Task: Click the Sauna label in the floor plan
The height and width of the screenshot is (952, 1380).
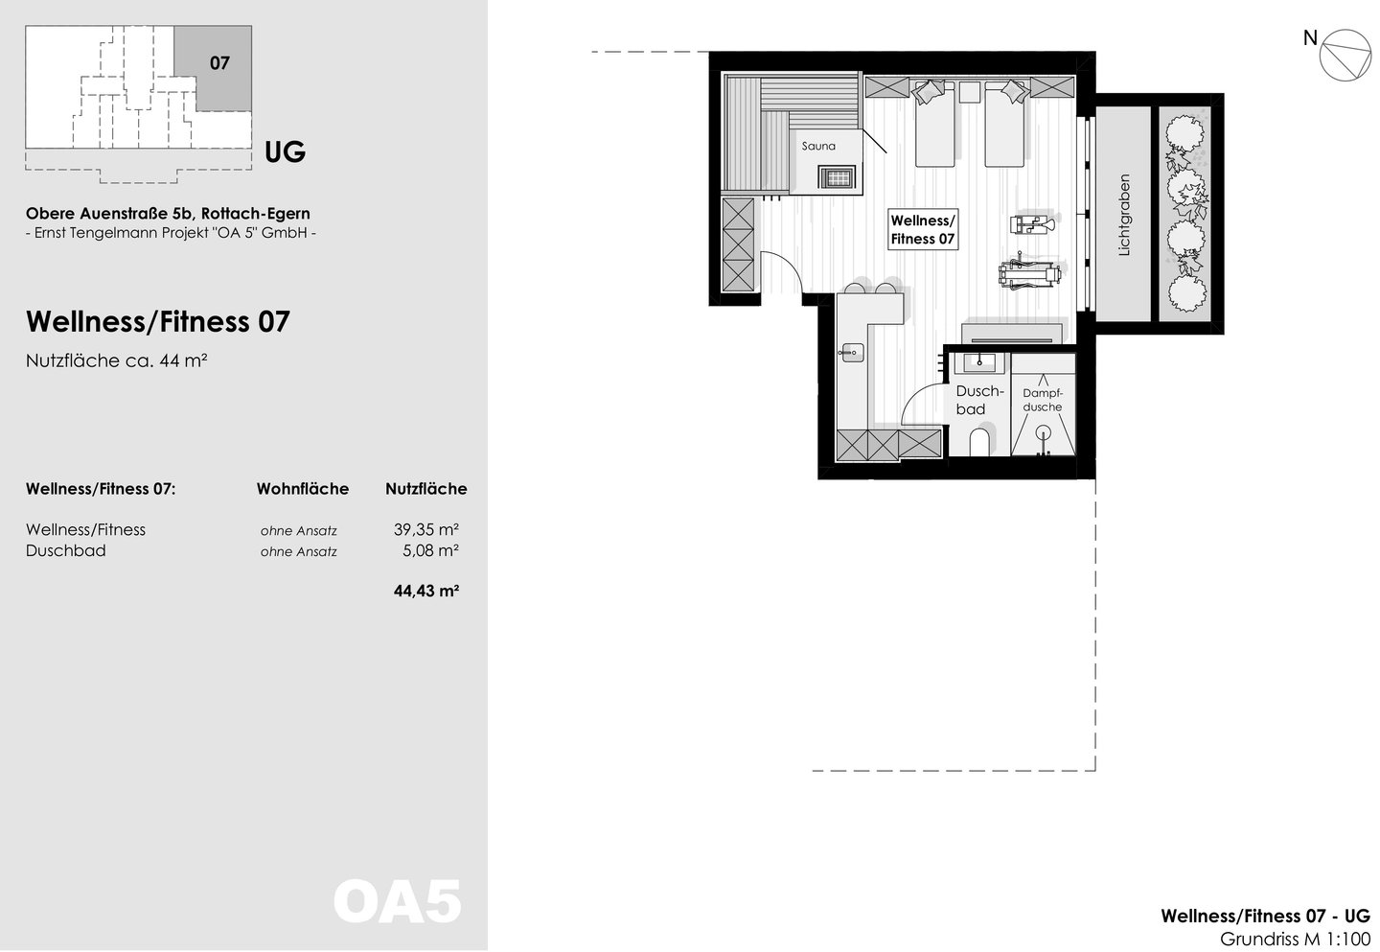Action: point(818,146)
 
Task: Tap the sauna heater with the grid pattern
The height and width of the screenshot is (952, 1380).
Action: point(837,176)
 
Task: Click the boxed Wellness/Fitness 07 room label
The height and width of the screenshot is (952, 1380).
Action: point(922,229)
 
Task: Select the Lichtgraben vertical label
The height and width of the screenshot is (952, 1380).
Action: point(1124,215)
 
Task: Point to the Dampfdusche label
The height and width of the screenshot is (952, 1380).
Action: point(1043,400)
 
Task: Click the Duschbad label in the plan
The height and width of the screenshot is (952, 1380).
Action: point(979,400)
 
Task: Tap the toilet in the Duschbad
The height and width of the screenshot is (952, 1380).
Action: point(979,442)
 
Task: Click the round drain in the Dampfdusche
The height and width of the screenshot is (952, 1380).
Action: point(1043,432)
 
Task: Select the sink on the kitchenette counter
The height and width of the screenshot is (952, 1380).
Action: point(852,353)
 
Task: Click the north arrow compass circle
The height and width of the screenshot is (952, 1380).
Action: point(1345,56)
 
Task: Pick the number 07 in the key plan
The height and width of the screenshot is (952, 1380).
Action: point(219,63)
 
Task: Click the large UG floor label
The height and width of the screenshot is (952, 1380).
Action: point(285,152)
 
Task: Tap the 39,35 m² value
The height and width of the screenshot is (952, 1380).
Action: point(426,529)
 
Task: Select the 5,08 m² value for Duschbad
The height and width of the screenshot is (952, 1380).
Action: point(430,550)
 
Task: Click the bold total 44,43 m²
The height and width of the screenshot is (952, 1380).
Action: point(426,591)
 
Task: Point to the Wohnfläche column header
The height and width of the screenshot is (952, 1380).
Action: point(303,489)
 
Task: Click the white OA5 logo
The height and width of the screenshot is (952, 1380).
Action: point(398,902)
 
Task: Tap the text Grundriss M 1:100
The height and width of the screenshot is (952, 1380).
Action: point(1295,940)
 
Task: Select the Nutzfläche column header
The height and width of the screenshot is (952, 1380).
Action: point(426,489)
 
